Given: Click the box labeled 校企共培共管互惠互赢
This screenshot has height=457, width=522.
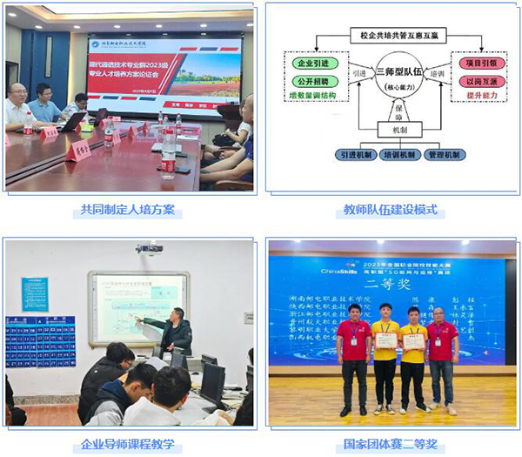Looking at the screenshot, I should (x=392, y=37).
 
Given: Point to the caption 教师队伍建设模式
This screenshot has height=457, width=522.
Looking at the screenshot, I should (x=393, y=211).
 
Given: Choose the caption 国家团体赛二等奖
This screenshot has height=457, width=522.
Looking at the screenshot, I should (x=393, y=443).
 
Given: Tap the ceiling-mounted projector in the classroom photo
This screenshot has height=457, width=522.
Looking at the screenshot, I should (x=150, y=250).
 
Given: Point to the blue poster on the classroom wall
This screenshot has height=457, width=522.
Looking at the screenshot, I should (x=40, y=340).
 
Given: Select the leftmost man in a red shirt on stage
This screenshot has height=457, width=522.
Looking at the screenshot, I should (x=354, y=359).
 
